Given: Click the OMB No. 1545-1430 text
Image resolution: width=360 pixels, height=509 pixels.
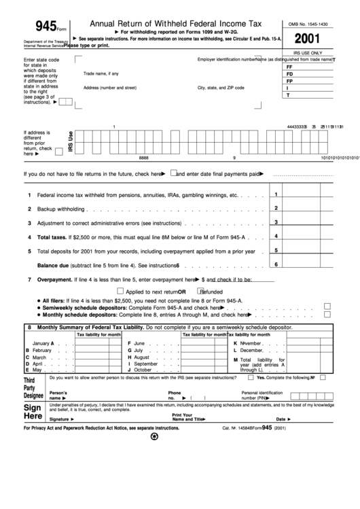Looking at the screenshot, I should [313, 22].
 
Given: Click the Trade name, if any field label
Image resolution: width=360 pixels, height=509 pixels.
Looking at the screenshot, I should [101, 73].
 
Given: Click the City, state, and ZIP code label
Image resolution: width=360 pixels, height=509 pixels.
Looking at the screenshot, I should [221, 88].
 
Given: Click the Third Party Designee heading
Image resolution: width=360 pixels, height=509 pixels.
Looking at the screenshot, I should [33, 387].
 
